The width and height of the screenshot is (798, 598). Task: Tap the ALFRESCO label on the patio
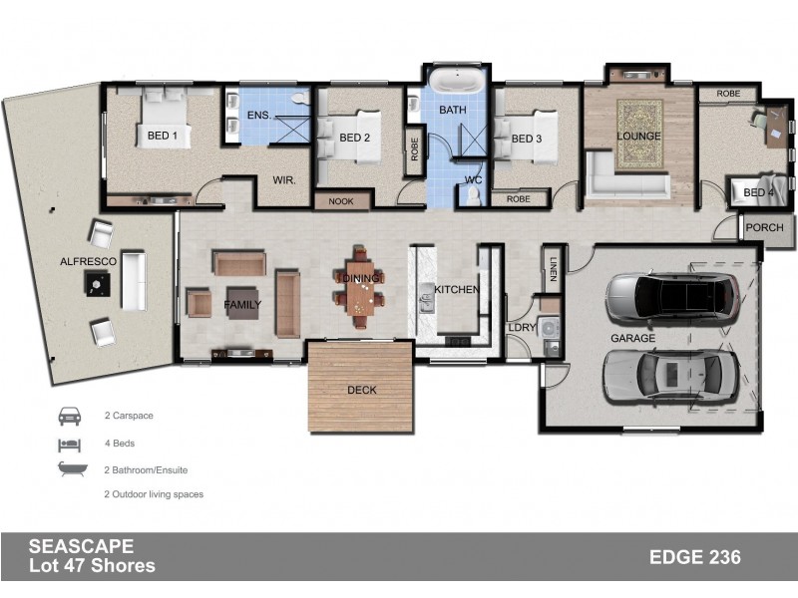[88, 261]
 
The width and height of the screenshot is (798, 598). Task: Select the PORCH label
[765, 228]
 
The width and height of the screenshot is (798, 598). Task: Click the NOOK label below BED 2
[341, 201]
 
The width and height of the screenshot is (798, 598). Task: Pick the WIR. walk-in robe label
[282, 180]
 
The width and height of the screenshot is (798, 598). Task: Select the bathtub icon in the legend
[70, 468]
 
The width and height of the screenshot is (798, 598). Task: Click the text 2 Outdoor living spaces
[154, 494]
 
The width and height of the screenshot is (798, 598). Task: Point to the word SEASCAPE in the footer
[81, 547]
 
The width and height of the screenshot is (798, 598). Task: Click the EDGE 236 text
[694, 557]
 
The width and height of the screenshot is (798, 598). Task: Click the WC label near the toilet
[474, 180]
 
